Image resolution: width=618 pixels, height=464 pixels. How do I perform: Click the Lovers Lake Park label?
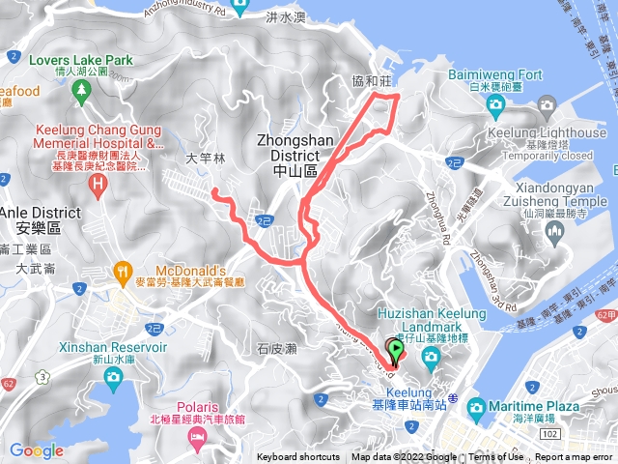(x=81, y=59)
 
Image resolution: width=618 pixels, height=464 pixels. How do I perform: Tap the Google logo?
(x=37, y=450)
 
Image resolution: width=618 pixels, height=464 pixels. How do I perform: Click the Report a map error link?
(x=576, y=457)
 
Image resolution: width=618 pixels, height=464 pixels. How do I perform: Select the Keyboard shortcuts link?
(x=298, y=457)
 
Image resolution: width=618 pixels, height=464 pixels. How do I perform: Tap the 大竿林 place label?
(x=205, y=157)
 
